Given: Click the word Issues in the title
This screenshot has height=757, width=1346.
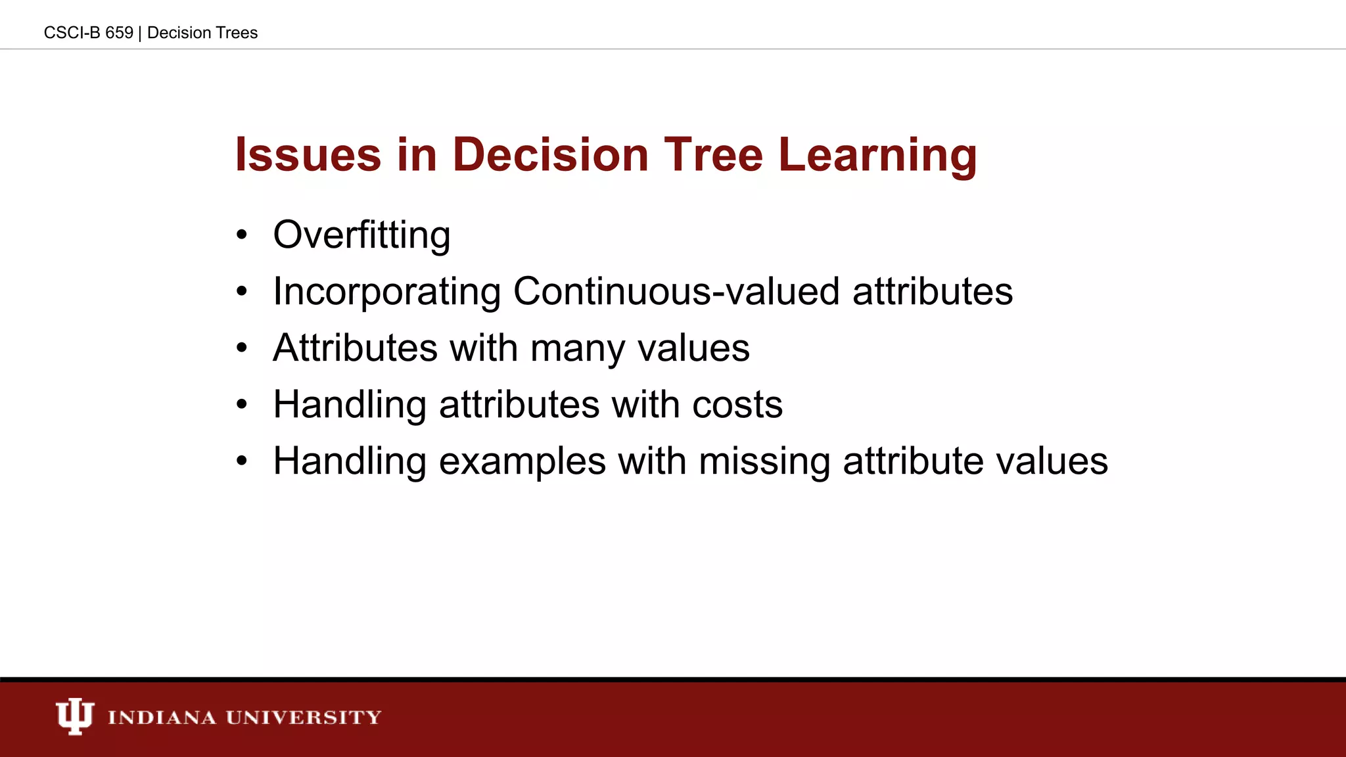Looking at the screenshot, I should coord(308,155).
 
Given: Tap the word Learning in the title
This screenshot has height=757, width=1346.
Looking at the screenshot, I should coord(877,156).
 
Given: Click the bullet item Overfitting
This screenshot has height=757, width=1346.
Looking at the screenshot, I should coord(361,235).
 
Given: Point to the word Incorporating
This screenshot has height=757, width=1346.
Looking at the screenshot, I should coord(386,292).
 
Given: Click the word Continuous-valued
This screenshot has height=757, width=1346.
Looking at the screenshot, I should coord(676,291).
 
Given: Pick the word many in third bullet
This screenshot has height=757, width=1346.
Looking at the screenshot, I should coord(578,348).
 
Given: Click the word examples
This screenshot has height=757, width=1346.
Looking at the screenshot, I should coord(522,462).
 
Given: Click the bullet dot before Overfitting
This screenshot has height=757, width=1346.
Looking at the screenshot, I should coord(242,235).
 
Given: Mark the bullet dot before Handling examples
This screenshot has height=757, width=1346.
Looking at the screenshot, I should coord(242,461).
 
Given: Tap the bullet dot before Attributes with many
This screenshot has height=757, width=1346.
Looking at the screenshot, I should coord(242,348).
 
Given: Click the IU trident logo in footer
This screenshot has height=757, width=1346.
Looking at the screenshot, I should coord(74,716).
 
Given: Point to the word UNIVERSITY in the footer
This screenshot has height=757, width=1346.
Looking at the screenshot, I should coord(303,717).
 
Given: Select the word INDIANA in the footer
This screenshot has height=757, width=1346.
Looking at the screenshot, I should coord(162,717).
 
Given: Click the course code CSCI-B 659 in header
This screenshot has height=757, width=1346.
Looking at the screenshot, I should coord(88,33).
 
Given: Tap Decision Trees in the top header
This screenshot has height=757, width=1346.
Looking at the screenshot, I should coord(202,33).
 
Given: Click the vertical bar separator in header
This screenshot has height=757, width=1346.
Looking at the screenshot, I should coord(140,33).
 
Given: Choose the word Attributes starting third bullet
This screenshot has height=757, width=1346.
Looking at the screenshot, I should coord(355,348).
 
